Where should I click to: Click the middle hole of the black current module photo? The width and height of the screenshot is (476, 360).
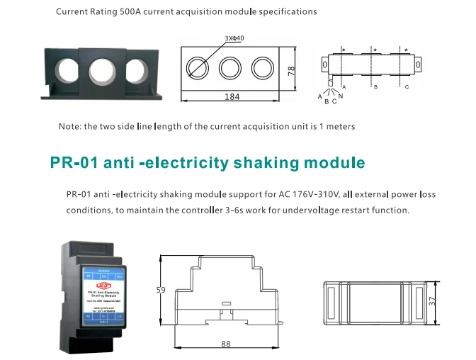(100, 72)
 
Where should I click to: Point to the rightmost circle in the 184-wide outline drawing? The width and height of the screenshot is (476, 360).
(262, 68)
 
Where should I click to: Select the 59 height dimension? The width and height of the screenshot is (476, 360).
(160, 290)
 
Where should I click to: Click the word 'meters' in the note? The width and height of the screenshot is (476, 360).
(339, 126)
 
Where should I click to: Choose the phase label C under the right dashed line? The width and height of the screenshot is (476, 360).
(407, 86)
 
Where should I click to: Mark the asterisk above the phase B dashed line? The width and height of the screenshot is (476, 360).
(375, 50)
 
